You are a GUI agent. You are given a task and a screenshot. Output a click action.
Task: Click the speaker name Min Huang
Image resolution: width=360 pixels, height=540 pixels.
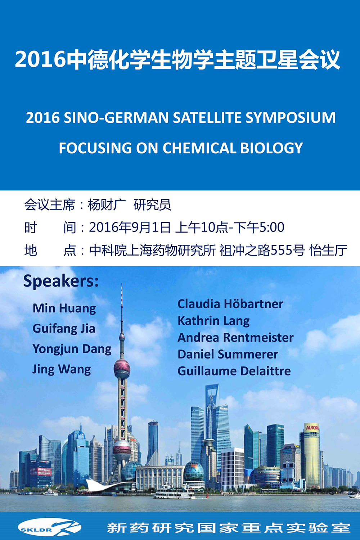(x=64, y=309)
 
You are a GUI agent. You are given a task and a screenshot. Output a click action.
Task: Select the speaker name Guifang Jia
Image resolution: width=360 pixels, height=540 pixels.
(x=64, y=329)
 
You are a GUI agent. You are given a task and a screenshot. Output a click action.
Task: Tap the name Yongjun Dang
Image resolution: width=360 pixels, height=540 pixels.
(x=72, y=349)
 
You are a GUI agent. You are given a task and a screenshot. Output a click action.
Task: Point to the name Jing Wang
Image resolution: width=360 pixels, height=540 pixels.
(x=62, y=370)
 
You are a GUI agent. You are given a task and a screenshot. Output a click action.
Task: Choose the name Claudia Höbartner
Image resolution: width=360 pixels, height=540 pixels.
(x=230, y=304)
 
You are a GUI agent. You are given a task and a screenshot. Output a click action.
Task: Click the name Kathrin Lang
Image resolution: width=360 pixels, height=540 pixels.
(x=213, y=321)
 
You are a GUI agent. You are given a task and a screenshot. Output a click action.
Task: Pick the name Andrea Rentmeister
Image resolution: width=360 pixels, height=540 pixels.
(x=235, y=338)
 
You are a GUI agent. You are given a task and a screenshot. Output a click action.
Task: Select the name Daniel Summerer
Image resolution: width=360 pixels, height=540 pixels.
(x=228, y=354)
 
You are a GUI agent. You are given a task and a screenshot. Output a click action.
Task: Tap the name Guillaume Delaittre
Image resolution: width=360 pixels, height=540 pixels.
(x=234, y=371)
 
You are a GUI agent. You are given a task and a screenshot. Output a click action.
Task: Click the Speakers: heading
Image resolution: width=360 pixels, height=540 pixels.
(x=61, y=281)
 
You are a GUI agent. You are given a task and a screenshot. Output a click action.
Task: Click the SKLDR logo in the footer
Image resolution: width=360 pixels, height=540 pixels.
(x=49, y=527)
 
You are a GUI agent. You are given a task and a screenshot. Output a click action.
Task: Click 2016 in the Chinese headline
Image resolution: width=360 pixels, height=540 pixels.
(x=40, y=60)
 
